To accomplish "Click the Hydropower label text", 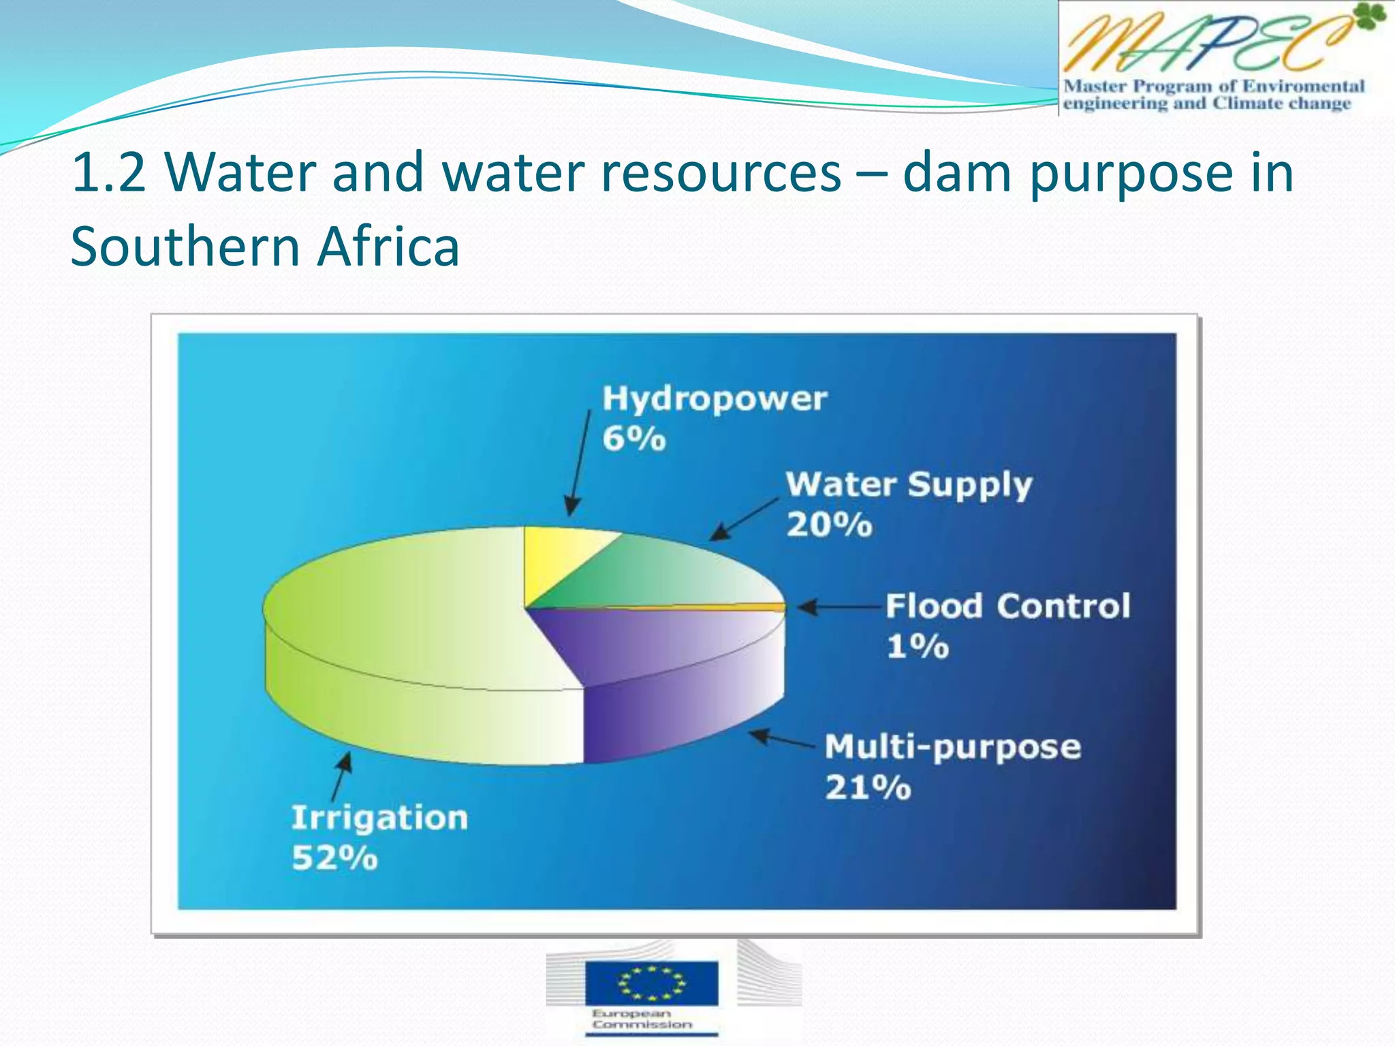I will coord(714,399).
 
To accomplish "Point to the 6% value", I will coord(633,439).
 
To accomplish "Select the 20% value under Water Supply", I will coord(829,525).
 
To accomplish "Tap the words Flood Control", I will coord(1007,606).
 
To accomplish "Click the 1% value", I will coord(917,646).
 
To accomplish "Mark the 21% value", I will coord(868,788).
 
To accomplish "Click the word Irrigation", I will coord(379,819).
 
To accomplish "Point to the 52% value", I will coord(334,859).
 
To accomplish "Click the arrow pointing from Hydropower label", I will coord(580,463).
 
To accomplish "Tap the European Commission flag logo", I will coord(651,983).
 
